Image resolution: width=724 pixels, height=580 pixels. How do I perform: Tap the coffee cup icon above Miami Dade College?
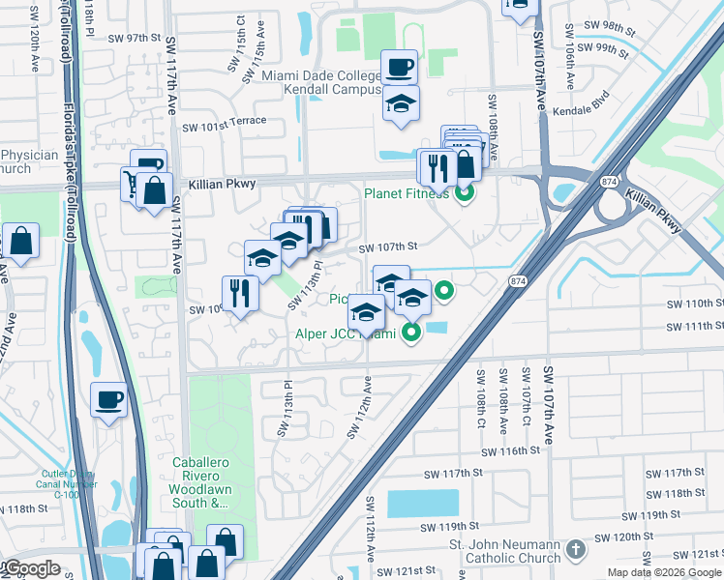(399, 68)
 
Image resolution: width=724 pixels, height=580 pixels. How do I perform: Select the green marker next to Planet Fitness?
(465, 192)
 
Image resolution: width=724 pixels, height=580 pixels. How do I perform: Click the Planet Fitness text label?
(407, 193)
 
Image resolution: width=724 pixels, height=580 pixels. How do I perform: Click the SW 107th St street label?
(387, 247)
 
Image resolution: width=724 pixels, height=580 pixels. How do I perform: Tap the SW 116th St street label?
(507, 450)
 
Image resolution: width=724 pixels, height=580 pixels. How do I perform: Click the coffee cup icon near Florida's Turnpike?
(108, 399)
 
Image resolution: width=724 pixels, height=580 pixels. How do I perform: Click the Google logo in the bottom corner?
(33, 568)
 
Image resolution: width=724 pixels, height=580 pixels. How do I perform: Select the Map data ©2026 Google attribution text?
(663, 572)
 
